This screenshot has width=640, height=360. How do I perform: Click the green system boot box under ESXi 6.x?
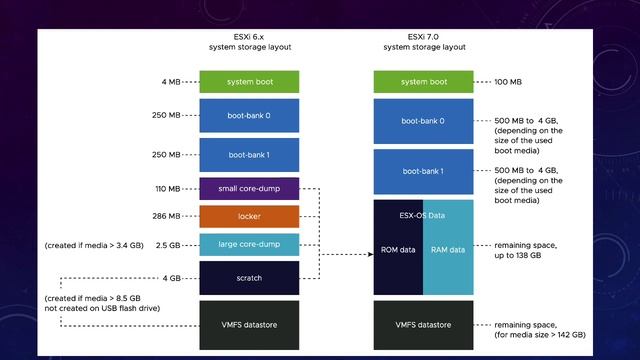[x=250, y=82]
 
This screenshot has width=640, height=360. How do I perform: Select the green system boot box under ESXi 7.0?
[x=423, y=82]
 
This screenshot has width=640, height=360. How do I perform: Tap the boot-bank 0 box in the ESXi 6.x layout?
[x=250, y=114]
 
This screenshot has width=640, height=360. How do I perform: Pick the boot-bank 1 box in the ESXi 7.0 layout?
[x=423, y=171]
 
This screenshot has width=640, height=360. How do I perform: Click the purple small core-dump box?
[x=250, y=188]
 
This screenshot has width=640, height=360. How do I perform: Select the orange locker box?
[x=250, y=216]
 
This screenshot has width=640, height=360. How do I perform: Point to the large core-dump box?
[x=250, y=244]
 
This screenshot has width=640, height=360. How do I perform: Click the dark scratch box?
[x=250, y=278]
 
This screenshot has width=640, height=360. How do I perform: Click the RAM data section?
[x=447, y=250]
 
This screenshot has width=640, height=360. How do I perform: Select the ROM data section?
[x=398, y=250]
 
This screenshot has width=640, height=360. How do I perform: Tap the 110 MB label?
[x=166, y=188]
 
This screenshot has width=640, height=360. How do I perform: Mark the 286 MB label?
[x=166, y=216]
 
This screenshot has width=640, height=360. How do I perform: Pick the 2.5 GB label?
[x=167, y=244]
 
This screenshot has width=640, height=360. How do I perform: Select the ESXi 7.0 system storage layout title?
[x=423, y=40]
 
